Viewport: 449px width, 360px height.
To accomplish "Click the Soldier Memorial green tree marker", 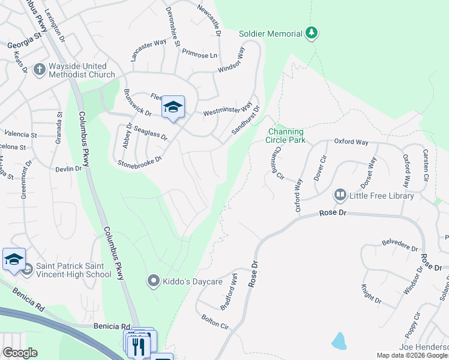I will [x=311, y=32].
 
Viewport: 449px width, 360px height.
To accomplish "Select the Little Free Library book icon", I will [x=340, y=195].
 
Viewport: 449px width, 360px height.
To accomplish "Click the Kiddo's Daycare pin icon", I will [x=154, y=281].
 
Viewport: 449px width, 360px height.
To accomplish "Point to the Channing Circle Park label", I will [x=286, y=136].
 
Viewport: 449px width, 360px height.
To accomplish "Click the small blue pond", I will [x=339, y=341].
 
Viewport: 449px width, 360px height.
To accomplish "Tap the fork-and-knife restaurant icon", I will [x=138, y=346].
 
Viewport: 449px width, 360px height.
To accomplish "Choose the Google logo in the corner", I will [x=20, y=353].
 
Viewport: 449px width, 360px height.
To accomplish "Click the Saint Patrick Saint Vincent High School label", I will [x=73, y=270].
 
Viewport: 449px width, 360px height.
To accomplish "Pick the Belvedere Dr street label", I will [x=399, y=246].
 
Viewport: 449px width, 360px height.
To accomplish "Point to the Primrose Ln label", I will [x=199, y=55].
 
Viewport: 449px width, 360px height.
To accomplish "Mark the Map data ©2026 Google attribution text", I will [x=412, y=355].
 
